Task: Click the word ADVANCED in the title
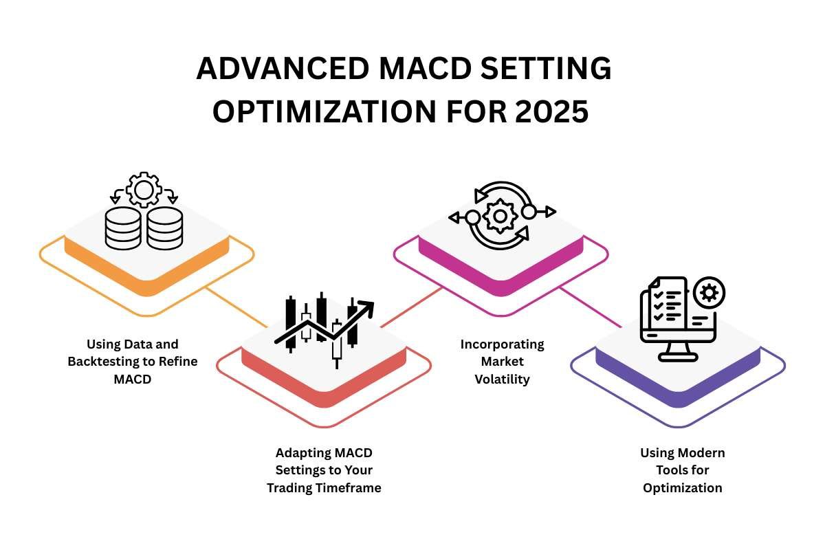283,69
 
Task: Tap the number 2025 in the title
551,111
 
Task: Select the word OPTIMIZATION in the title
324,111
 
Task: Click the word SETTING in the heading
546,69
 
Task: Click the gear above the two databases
144,190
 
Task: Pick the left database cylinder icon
123,228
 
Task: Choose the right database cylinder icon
164,228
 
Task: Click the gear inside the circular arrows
500,217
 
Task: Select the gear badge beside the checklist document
709,294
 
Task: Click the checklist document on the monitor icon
668,302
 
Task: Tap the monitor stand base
678,357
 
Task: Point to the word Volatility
502,379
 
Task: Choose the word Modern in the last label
704,452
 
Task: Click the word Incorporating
503,344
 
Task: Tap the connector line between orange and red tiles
236,307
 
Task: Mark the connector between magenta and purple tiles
591,307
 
